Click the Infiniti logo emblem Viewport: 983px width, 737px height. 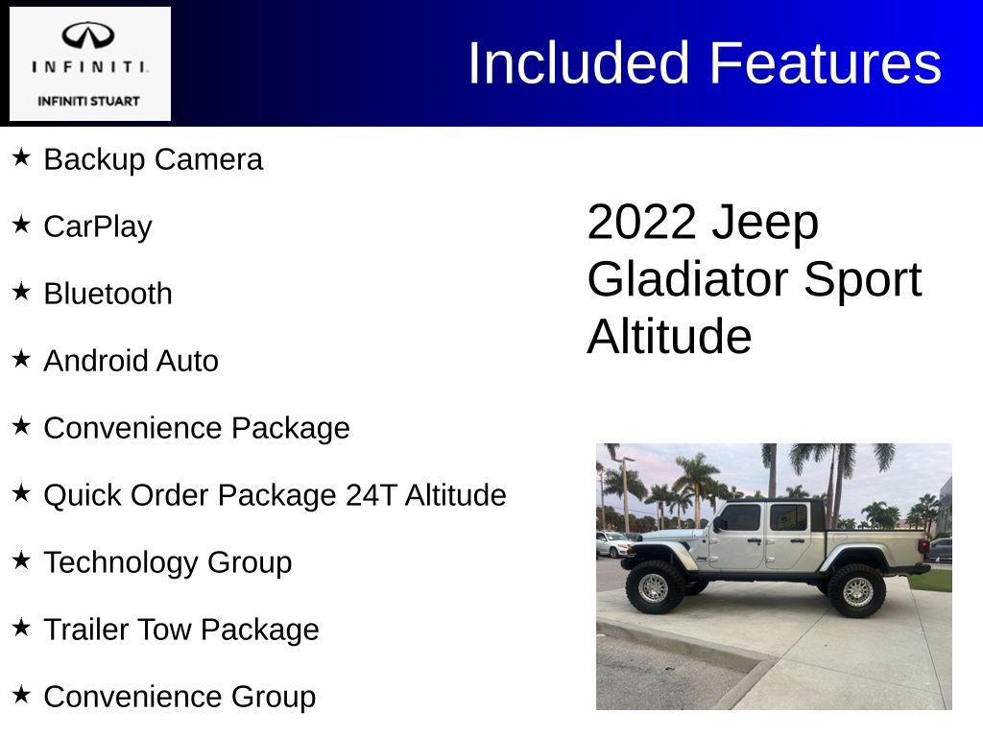click(88, 37)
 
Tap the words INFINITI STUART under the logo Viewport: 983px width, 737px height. click(88, 101)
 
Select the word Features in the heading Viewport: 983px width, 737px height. click(826, 63)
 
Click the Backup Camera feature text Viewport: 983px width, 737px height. click(153, 159)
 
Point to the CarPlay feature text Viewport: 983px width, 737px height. click(98, 226)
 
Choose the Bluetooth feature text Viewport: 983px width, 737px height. click(108, 294)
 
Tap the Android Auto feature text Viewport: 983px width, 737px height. click(131, 361)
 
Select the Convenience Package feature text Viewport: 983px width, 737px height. click(197, 428)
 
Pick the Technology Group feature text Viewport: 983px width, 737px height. click(168, 562)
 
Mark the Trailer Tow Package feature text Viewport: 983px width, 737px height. click(181, 630)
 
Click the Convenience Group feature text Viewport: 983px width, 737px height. click(180, 697)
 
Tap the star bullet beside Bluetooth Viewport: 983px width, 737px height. click(21, 292)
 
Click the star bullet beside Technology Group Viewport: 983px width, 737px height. click(21, 560)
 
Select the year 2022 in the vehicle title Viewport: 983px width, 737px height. click(640, 223)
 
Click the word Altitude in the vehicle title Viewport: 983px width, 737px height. click(669, 338)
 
